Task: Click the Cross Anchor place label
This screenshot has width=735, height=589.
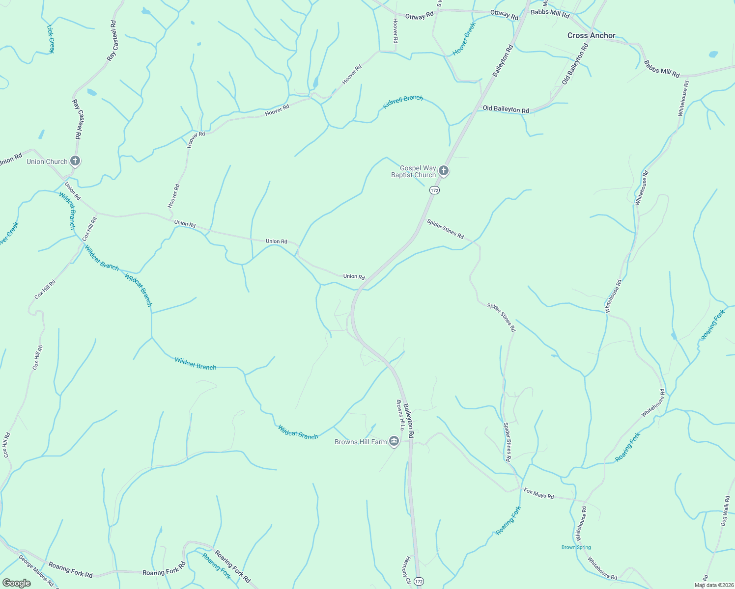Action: point(591,35)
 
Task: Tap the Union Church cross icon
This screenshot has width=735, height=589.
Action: point(75,161)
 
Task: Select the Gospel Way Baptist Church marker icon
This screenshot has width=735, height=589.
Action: point(444,171)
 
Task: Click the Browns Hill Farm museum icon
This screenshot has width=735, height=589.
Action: point(394,441)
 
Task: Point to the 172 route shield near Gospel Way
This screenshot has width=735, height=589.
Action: point(433,189)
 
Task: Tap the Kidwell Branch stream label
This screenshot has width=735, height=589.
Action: point(403,102)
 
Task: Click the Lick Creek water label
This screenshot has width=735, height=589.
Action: point(50,39)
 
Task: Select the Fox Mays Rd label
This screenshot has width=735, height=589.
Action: point(538,493)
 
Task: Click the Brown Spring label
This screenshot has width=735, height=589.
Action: point(576,547)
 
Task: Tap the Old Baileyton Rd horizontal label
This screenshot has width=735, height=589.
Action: point(506,109)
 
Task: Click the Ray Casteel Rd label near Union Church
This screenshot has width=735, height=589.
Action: point(77,119)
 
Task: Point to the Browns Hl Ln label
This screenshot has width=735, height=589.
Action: point(400,415)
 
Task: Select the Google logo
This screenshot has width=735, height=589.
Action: point(16,583)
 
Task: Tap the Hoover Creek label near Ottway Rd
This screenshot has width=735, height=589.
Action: point(464,39)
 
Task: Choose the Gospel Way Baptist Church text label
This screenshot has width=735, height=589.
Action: point(413,171)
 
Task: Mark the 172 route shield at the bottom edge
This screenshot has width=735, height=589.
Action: point(418,581)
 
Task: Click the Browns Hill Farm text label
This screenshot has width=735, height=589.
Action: point(361,442)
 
